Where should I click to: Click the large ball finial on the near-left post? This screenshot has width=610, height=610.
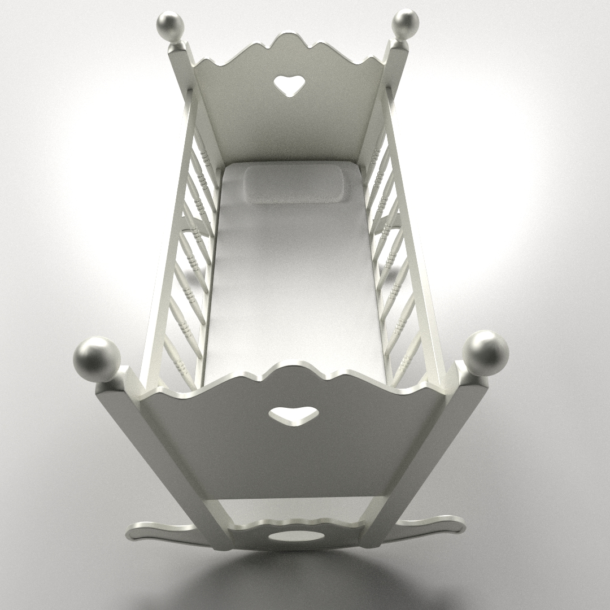pos(97,358)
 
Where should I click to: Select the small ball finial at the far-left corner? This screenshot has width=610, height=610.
pos(170,26)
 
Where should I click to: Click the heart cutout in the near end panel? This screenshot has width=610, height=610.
pos(291,416)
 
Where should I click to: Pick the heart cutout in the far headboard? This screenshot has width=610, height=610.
pos(289,85)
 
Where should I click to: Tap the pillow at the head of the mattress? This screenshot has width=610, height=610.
pos(294,184)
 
